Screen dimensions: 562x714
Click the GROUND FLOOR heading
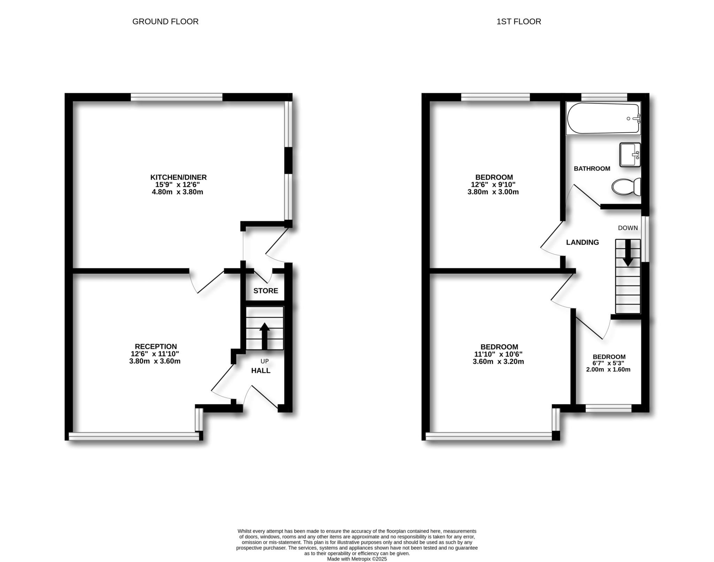pos(165,22)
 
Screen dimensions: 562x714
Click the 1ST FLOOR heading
pos(518,22)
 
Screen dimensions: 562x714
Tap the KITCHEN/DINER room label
pos(178,177)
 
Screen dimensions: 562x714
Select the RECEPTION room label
pos(156,346)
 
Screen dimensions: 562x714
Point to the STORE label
pos(266,291)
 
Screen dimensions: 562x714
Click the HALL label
pos(261,370)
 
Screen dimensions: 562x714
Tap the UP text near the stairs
pos(265,361)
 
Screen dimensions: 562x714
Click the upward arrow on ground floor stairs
pos(265,336)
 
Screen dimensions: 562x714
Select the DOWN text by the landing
pos(628,228)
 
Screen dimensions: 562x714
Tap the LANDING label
pos(582,242)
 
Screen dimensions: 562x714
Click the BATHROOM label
pos(592,169)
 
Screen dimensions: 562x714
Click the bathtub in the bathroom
pos(603,118)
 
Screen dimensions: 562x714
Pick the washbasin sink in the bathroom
pos(630,155)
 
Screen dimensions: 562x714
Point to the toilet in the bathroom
pos(626,187)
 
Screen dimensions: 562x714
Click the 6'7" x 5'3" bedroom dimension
pos(608,363)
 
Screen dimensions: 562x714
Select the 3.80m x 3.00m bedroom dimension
pos(493,192)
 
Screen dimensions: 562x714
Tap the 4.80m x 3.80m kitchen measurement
pos(177,192)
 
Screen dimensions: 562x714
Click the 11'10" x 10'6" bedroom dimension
pos(498,354)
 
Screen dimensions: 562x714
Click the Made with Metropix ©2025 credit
pos(357,559)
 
